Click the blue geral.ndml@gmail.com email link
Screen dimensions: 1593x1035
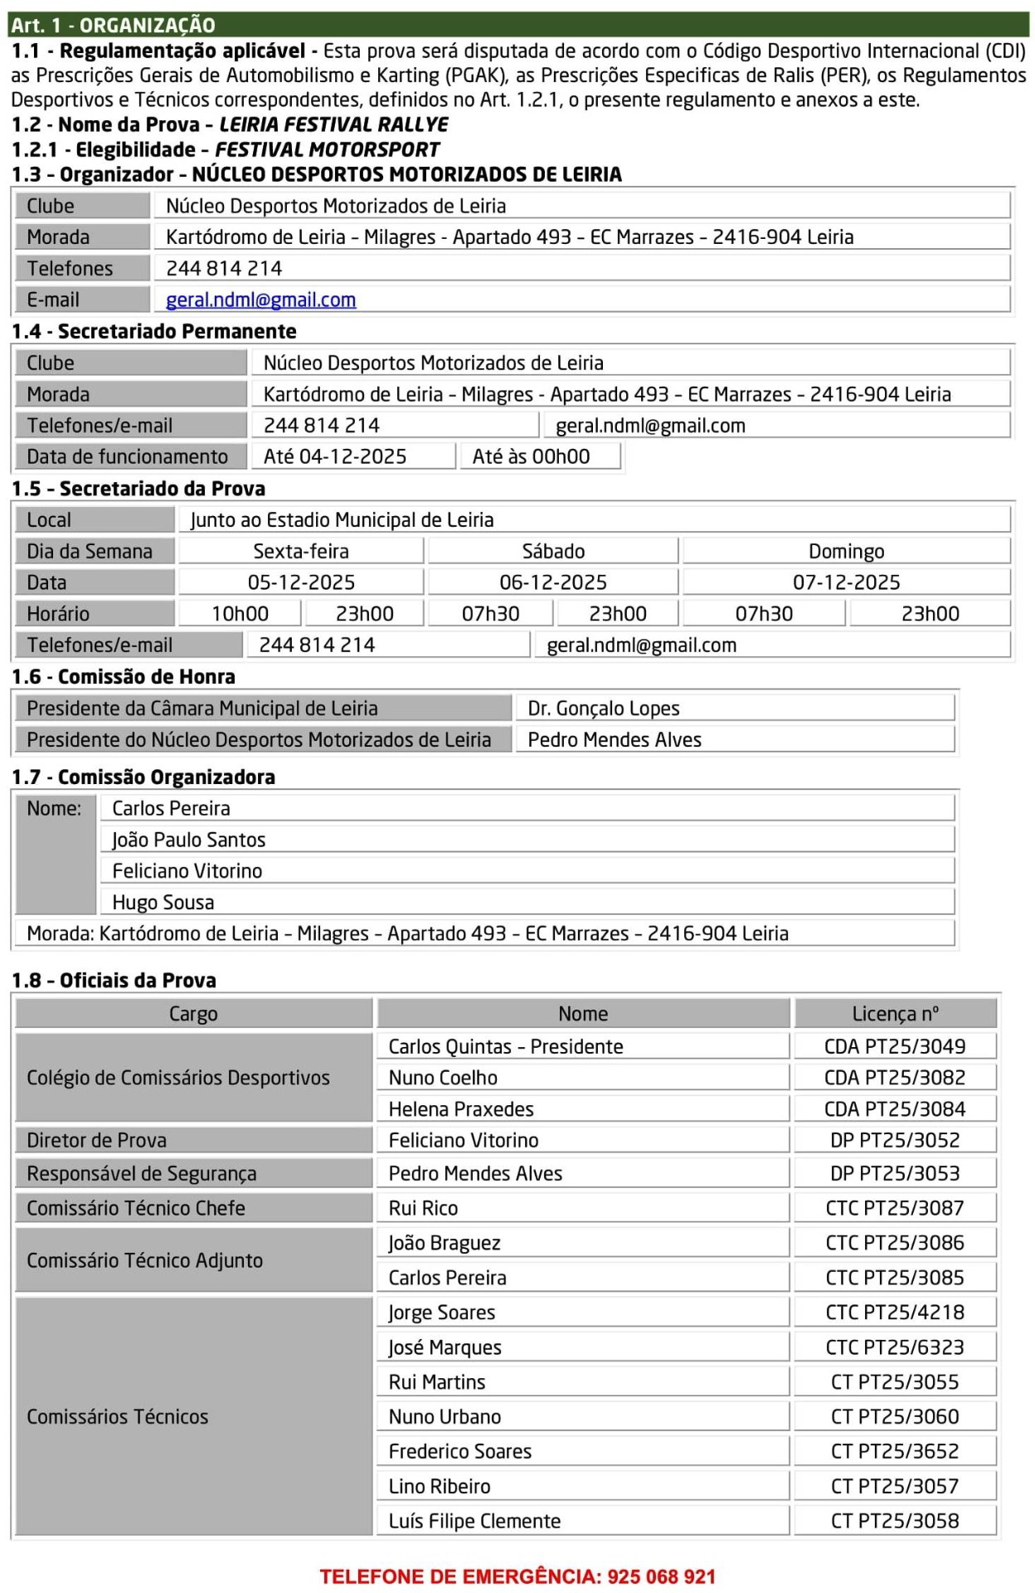[x=260, y=300]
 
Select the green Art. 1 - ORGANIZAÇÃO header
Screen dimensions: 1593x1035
[x=113, y=25]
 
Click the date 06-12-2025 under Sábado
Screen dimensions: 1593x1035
[x=552, y=582]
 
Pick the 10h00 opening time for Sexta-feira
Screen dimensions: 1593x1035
[x=240, y=614]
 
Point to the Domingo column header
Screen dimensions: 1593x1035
[x=846, y=552]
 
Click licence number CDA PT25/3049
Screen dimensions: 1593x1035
[x=894, y=1046]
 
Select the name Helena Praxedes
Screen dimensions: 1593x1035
[x=461, y=1109]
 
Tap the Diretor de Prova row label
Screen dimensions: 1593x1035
[x=96, y=1141]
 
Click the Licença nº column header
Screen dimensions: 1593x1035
[x=895, y=1014]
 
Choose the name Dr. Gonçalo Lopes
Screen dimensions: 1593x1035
[x=604, y=709]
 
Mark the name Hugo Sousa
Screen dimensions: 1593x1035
[x=163, y=903]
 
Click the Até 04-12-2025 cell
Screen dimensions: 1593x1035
[x=335, y=457]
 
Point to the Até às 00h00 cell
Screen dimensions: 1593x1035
[x=531, y=457]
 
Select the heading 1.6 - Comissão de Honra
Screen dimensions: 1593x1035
[x=124, y=677]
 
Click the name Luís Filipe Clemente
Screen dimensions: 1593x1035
[x=474, y=1522]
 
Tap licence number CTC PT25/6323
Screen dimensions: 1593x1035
[x=894, y=1347]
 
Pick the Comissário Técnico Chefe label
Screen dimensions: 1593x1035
[x=136, y=1209]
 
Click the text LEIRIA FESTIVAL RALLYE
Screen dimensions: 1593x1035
[x=333, y=125]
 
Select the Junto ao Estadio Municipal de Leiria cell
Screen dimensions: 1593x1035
[x=342, y=520]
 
